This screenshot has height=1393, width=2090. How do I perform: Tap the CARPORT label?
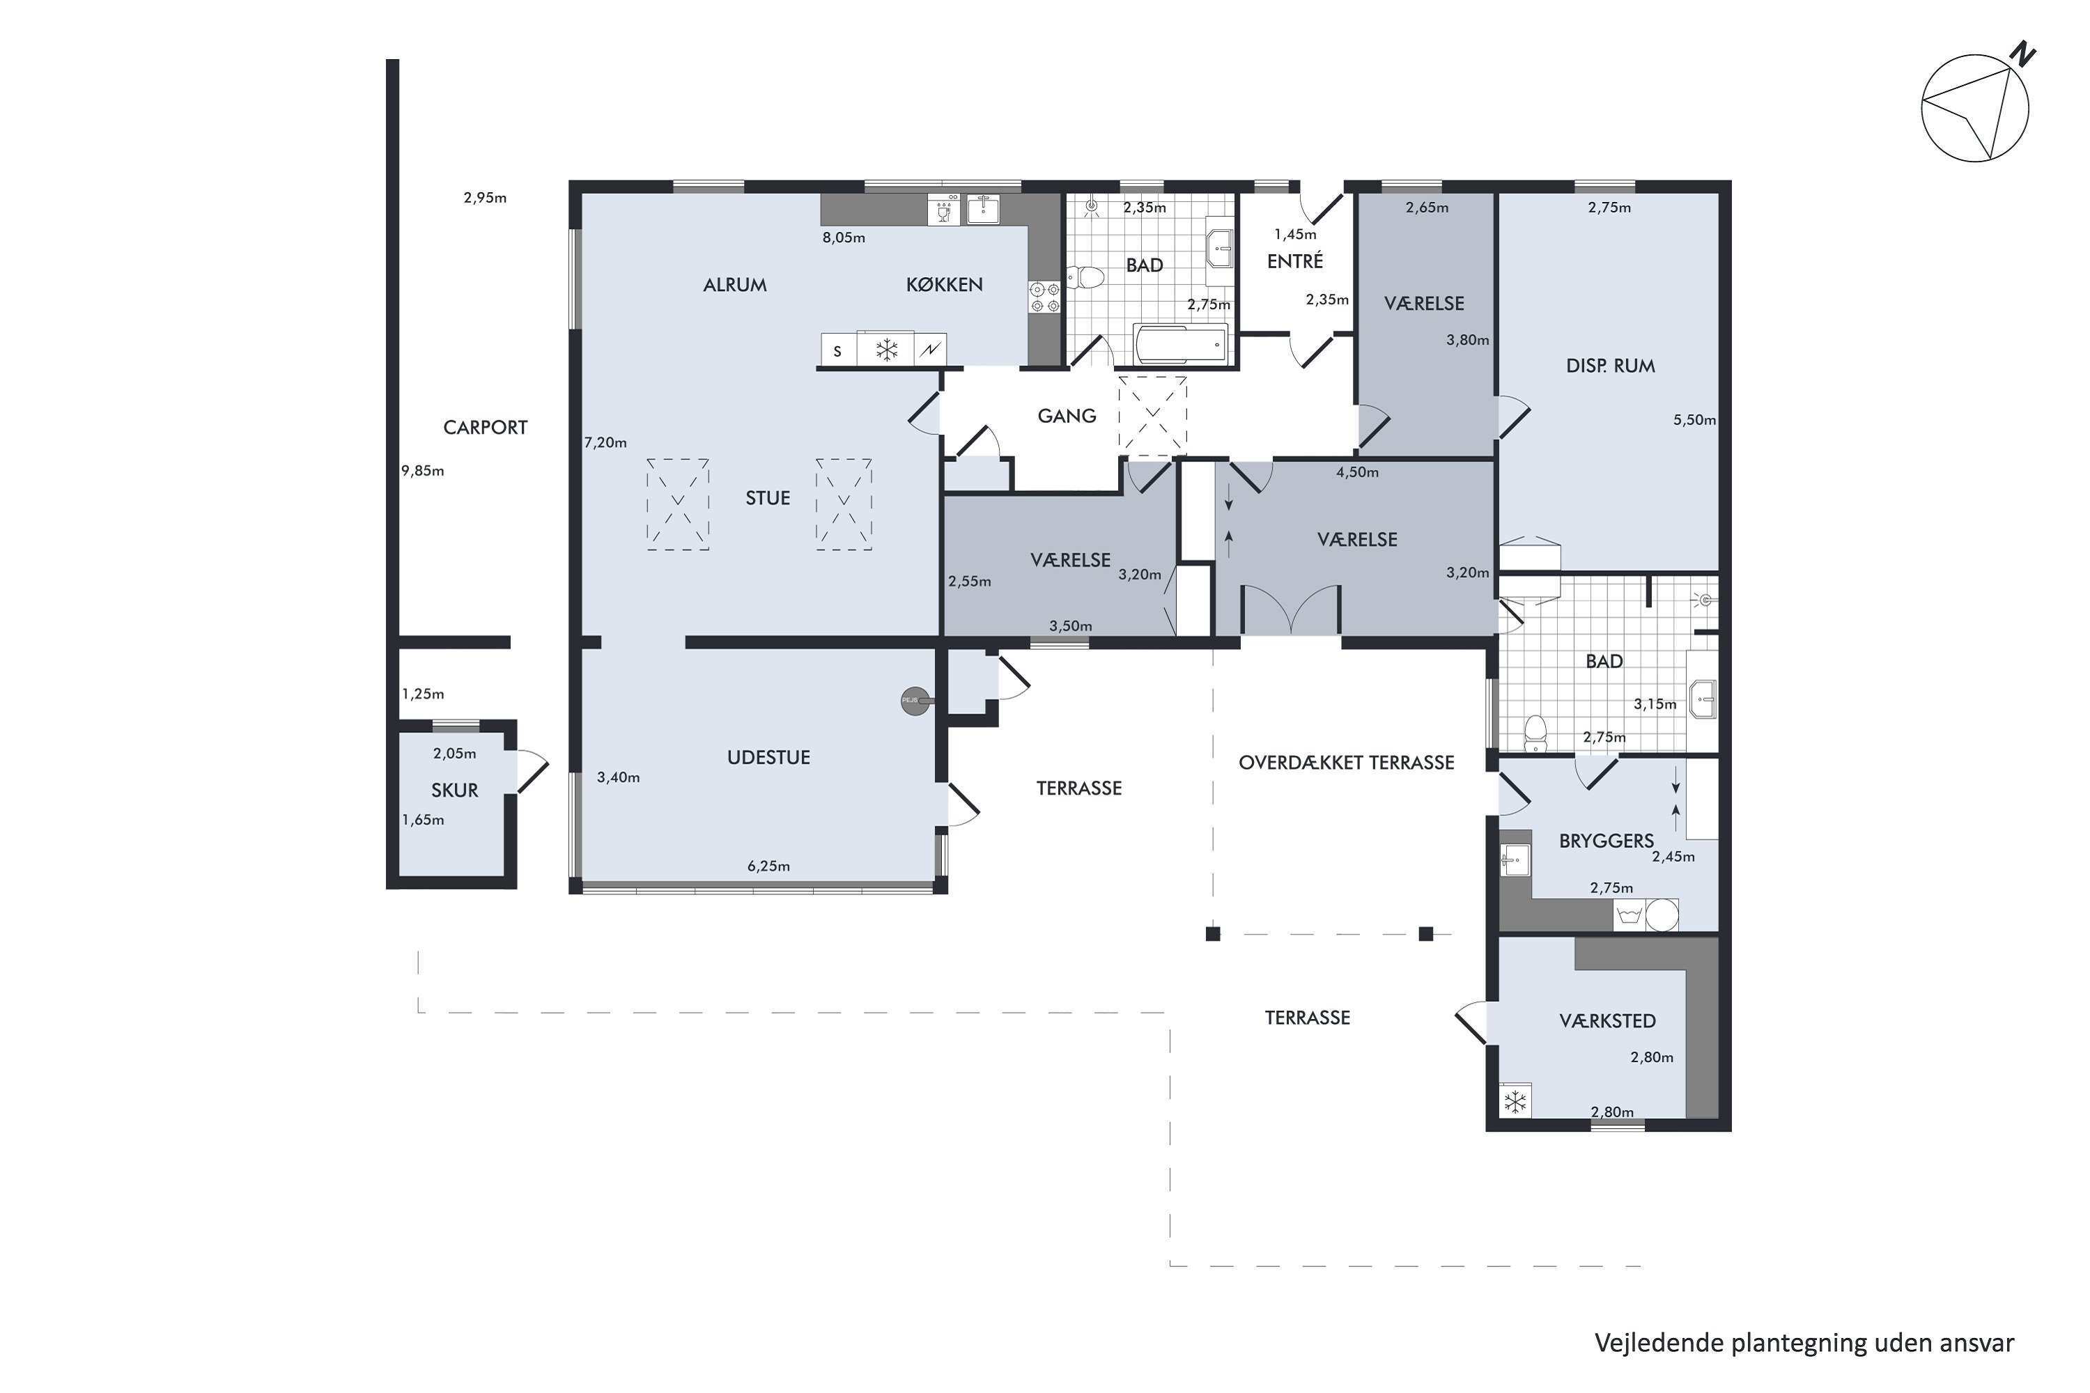click(485, 428)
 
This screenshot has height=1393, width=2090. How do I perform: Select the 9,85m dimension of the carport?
click(423, 471)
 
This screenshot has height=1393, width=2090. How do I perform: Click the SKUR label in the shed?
click(454, 790)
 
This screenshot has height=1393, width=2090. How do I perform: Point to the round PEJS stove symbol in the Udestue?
click(913, 700)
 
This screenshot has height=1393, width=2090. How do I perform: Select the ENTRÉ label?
click(1294, 261)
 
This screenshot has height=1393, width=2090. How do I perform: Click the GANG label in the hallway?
click(1067, 416)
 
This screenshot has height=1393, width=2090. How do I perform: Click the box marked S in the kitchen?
click(837, 351)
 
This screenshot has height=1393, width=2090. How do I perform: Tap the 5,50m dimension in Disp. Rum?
click(1694, 420)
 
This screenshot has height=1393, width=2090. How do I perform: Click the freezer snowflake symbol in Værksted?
click(1514, 1102)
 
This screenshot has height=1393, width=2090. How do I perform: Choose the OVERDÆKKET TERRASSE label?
click(1345, 762)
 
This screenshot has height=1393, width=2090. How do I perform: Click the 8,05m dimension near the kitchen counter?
click(843, 238)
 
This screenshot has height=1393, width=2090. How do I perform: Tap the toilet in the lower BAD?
click(1535, 733)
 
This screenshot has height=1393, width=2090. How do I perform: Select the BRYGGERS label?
click(1606, 841)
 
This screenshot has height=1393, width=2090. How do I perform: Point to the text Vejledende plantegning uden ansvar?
click(1804, 1342)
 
